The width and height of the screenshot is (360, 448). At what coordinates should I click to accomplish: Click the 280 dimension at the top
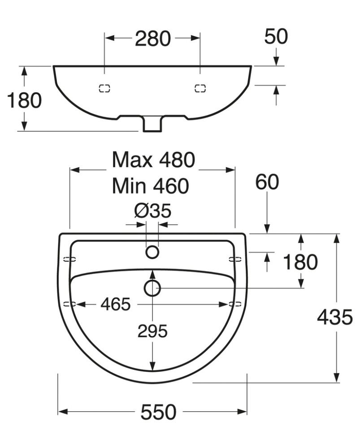[x=153, y=39]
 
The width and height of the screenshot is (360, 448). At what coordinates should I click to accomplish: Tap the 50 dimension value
[x=276, y=37]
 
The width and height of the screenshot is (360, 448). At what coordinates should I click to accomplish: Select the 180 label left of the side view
[x=24, y=100]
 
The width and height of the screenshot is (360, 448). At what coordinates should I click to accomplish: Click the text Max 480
[x=154, y=160]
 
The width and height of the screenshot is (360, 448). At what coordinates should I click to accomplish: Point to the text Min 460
[x=150, y=186]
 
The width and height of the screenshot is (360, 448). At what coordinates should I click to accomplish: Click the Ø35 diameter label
[x=153, y=211]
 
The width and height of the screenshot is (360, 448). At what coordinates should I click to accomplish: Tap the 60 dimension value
[x=267, y=182]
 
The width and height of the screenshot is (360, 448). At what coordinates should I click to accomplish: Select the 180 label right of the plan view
[x=300, y=262]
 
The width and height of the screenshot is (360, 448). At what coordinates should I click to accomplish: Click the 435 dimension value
[x=335, y=317]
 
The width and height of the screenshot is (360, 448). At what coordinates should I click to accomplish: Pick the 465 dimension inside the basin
[x=116, y=304]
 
